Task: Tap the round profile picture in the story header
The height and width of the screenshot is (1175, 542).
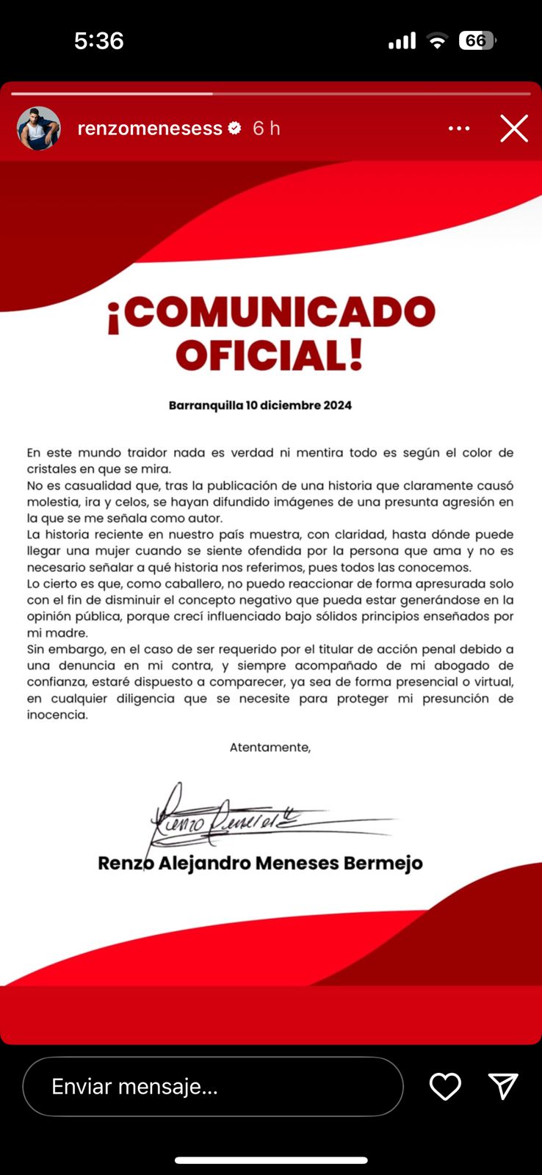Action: click(39, 129)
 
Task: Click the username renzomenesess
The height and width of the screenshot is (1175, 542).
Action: click(150, 129)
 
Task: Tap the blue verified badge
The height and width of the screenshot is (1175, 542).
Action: click(235, 129)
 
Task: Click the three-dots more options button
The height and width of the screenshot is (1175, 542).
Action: click(459, 129)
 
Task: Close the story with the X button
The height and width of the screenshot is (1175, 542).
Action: click(514, 129)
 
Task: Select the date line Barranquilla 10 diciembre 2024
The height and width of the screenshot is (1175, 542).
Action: click(260, 405)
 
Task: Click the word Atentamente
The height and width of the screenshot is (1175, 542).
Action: click(270, 748)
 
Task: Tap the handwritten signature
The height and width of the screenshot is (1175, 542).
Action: click(250, 817)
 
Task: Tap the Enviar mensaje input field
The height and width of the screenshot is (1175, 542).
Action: click(213, 1087)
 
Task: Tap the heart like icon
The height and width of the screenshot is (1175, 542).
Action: click(445, 1087)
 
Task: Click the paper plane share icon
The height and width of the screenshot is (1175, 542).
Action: click(503, 1087)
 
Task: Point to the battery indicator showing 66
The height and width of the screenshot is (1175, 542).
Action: click(477, 40)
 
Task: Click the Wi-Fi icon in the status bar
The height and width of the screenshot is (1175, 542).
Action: click(437, 41)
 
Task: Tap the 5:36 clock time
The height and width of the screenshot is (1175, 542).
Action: click(98, 40)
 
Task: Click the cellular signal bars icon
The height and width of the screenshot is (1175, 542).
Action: click(402, 41)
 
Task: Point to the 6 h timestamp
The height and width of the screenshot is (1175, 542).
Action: click(267, 129)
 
